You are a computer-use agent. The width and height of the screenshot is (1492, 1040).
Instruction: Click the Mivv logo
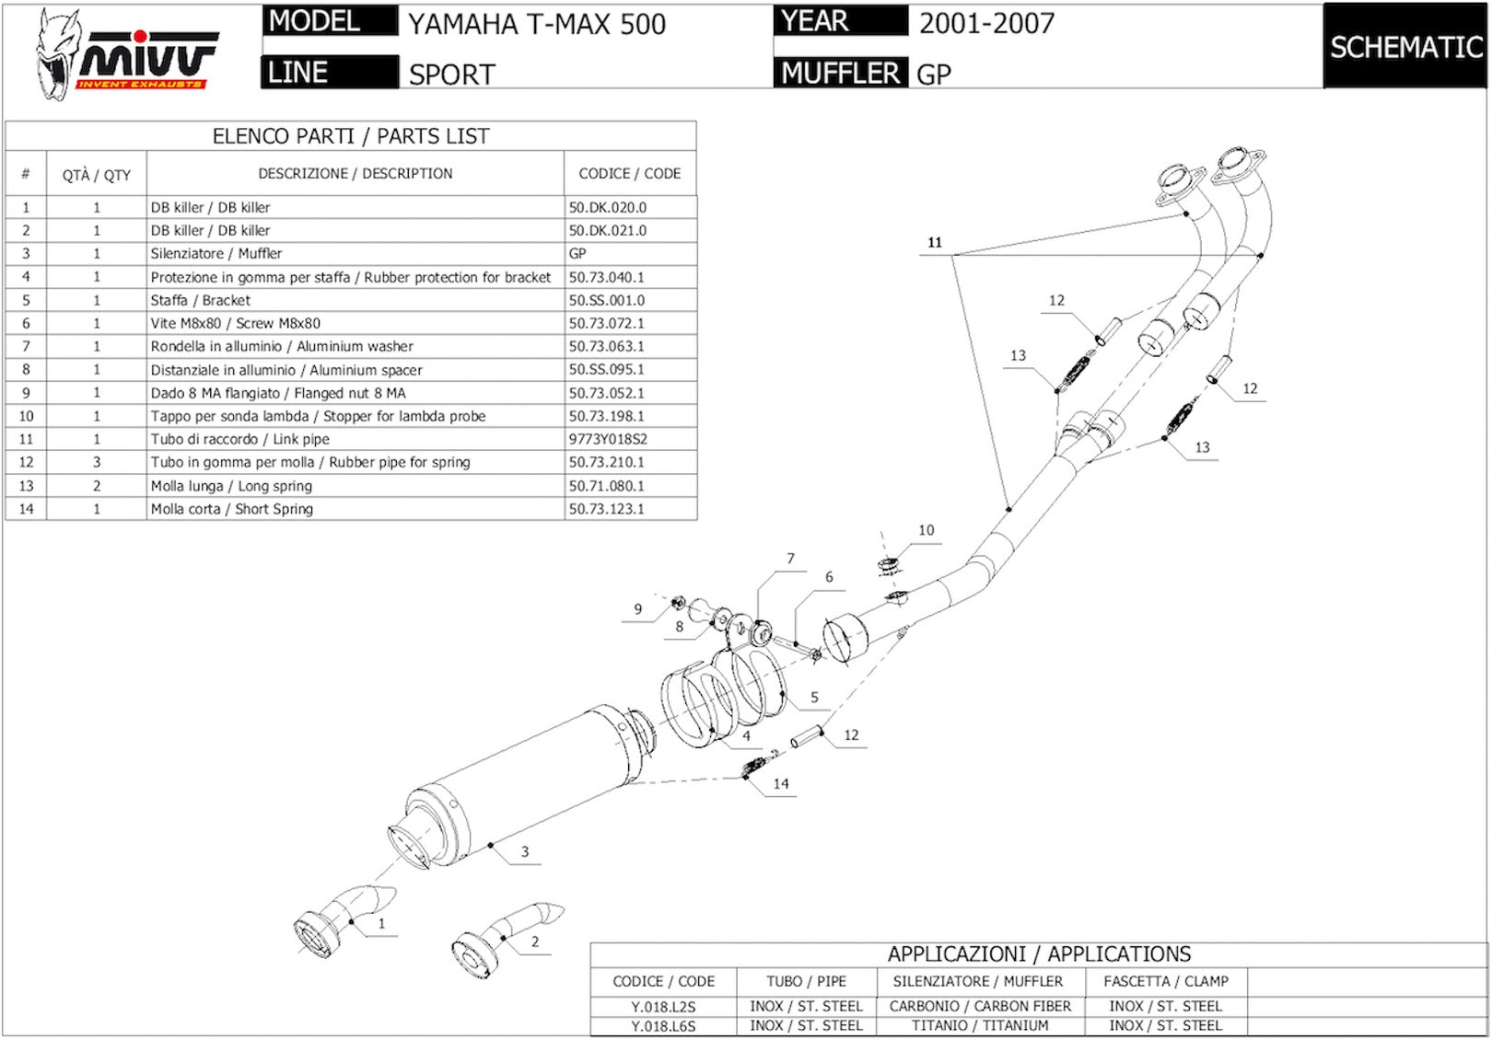coord(126,54)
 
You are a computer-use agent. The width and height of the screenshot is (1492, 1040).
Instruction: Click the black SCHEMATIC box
coord(1406,46)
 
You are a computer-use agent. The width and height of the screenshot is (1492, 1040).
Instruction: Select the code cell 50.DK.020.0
coord(608,207)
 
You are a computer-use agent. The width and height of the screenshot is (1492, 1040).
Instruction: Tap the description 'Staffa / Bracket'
coord(201,300)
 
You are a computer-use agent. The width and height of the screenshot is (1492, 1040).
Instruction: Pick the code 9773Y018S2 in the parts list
coord(608,439)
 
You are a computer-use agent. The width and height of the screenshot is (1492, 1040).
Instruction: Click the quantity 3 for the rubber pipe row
coord(97,462)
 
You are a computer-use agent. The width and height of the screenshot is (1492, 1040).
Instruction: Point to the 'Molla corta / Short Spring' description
coord(232,509)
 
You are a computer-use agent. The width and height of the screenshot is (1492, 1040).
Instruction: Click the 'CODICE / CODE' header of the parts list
coord(629,174)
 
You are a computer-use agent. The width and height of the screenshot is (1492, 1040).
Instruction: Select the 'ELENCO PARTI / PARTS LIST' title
coord(351,136)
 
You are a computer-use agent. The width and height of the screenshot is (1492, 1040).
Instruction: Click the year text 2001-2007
coord(987,24)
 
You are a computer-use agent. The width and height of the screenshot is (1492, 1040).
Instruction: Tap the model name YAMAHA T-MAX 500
coord(537,25)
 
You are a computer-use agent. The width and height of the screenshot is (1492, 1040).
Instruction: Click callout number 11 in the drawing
coord(935,242)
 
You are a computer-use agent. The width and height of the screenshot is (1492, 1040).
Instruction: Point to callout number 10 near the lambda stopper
coord(927,530)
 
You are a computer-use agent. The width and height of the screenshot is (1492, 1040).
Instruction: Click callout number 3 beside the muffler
coord(525,851)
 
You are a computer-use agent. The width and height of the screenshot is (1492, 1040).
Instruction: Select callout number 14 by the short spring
coord(781,783)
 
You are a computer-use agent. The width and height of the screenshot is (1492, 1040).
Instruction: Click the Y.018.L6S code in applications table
coord(663,1026)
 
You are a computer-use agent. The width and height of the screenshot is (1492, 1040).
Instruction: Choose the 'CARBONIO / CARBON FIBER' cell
coord(981,1006)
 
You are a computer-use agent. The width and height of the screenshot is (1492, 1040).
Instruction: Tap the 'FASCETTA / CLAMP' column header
coord(1166,981)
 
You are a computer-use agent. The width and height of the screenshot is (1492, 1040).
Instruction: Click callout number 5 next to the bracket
coord(814,698)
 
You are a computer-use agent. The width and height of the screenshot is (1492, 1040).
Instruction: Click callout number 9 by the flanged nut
coord(638,609)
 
